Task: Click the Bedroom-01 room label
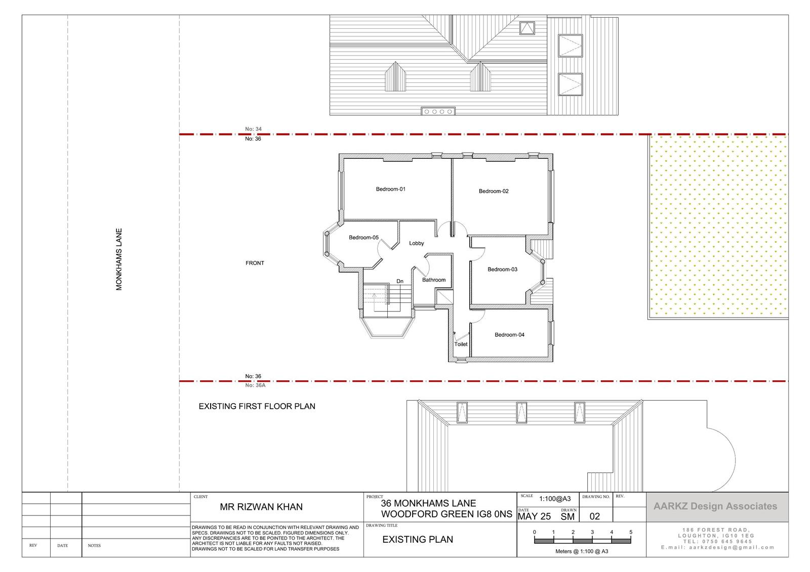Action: pyautogui.click(x=390, y=189)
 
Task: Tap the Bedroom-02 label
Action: pyautogui.click(x=494, y=191)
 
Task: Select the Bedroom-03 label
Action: pyautogui.click(x=502, y=269)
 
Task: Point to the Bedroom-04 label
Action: pyautogui.click(x=509, y=335)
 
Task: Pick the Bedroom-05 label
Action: pyautogui.click(x=364, y=237)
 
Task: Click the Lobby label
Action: pyautogui.click(x=417, y=243)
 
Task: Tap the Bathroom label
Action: pyautogui.click(x=434, y=280)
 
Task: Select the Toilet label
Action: pyautogui.click(x=461, y=344)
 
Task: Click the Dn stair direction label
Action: pyautogui.click(x=400, y=281)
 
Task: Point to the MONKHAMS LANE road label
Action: pyautogui.click(x=119, y=259)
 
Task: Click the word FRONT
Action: pyautogui.click(x=255, y=263)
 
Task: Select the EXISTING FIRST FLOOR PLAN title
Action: pyautogui.click(x=257, y=406)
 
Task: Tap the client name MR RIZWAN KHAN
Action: pyautogui.click(x=261, y=507)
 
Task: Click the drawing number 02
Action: pyautogui.click(x=595, y=516)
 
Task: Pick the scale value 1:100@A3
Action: pyautogui.click(x=555, y=499)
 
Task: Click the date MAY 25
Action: pyautogui.click(x=534, y=517)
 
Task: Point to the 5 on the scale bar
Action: pyautogui.click(x=631, y=532)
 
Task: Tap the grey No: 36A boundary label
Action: pyautogui.click(x=255, y=385)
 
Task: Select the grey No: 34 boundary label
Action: pyautogui.click(x=254, y=129)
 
